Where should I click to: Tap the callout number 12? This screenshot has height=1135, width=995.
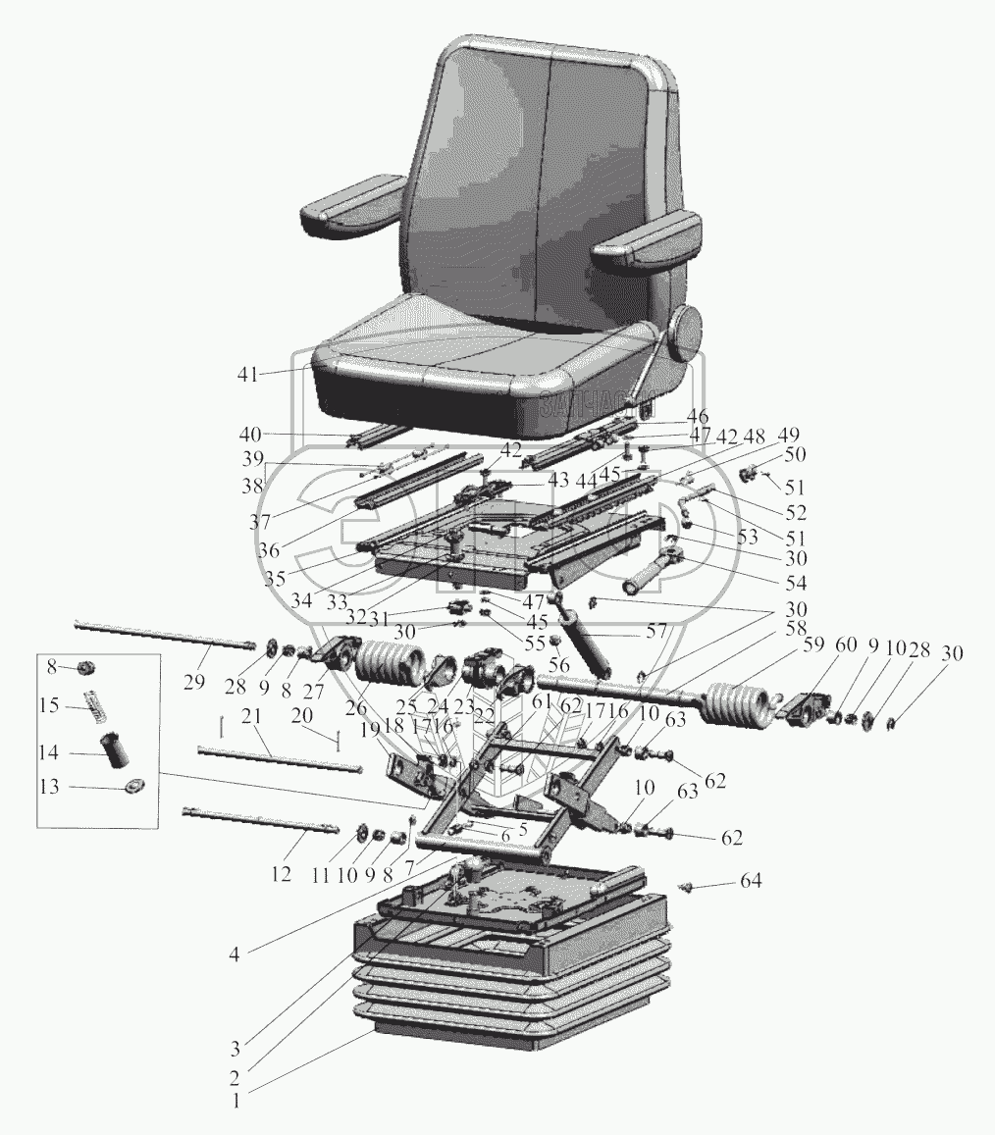(281, 872)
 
